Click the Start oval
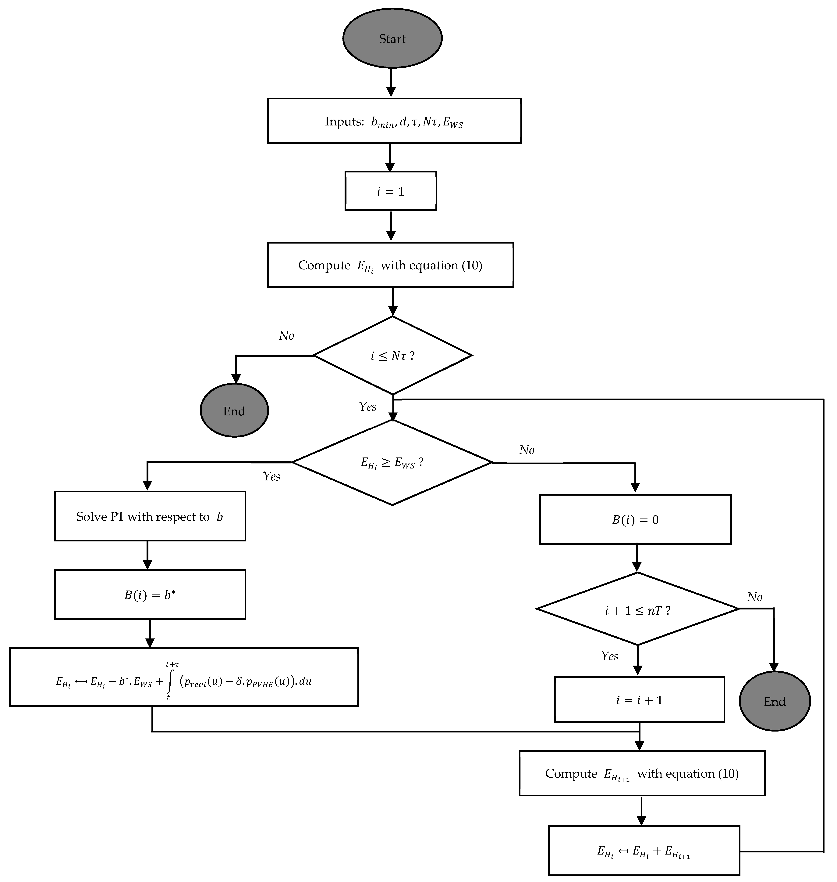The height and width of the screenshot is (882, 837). [x=392, y=38]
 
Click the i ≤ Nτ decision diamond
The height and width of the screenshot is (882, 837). [x=392, y=356]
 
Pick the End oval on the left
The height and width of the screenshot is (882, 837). [x=234, y=410]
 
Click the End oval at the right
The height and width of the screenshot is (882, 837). [x=775, y=701]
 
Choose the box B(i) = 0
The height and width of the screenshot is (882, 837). [x=635, y=519]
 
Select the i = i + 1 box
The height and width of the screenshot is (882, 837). [x=639, y=700]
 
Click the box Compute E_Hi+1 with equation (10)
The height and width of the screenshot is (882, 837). [x=642, y=773]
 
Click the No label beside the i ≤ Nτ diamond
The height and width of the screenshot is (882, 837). [x=286, y=336]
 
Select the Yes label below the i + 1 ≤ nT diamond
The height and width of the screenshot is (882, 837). [x=609, y=656]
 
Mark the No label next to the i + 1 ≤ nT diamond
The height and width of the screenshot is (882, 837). [x=754, y=597]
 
